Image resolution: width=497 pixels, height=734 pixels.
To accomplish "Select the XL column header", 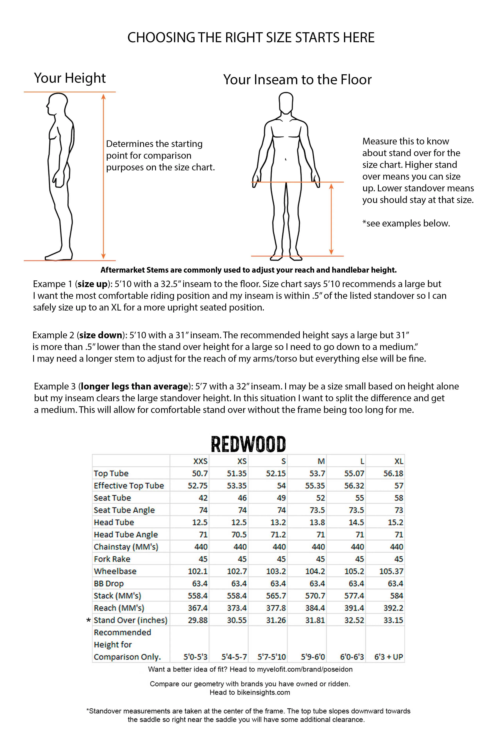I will (x=399, y=461).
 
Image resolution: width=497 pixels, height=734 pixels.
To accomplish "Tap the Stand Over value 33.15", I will (x=393, y=620).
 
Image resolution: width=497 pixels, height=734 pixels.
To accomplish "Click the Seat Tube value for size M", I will (x=320, y=498).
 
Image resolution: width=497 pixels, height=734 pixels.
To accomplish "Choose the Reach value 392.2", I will (x=393, y=608).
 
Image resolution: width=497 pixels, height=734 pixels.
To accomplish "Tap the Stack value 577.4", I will (x=354, y=596).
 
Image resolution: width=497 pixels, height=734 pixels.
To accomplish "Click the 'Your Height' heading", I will (x=70, y=78).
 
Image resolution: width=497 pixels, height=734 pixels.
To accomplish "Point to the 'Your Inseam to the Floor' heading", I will (x=297, y=80).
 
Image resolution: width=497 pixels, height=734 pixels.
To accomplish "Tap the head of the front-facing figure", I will (x=286, y=103).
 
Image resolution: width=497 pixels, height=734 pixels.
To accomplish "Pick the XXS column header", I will (x=200, y=461).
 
